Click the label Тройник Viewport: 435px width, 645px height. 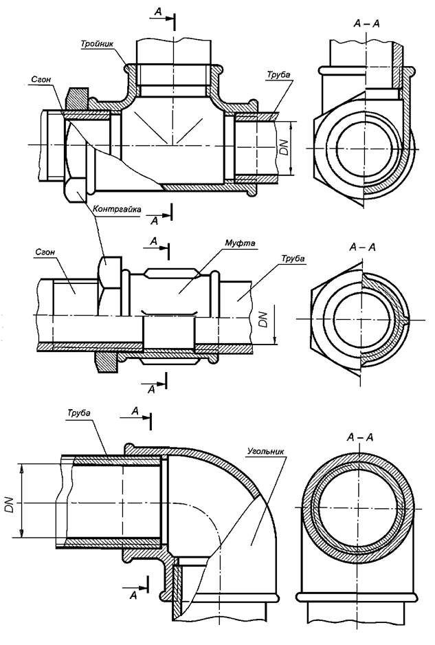point(97,43)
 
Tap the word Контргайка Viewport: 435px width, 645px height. point(117,209)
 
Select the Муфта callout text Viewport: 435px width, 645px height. point(239,243)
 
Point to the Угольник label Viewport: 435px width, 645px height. point(266,450)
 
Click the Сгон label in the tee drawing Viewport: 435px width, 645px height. point(41,79)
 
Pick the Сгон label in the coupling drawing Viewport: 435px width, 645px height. point(45,252)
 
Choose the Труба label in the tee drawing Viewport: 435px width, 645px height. point(278,75)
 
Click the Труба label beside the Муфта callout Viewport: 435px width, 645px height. point(293,259)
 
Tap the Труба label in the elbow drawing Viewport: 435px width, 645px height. point(79,413)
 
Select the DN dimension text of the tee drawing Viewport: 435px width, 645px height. point(284,147)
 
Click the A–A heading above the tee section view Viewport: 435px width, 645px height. point(366,23)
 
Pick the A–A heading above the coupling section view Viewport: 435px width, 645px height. point(362,248)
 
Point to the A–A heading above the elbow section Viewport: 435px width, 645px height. point(360,437)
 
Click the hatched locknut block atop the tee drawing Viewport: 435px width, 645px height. point(77,99)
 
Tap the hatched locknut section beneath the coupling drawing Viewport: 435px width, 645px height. point(107,362)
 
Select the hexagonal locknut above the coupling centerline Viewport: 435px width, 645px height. point(109,286)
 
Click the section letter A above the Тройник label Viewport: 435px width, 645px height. point(158,12)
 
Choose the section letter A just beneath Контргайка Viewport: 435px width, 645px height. point(154,221)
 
